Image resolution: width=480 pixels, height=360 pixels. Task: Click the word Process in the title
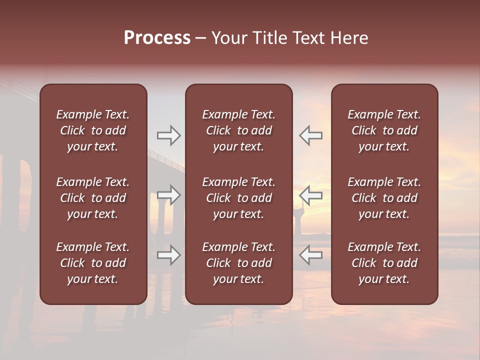[x=157, y=38]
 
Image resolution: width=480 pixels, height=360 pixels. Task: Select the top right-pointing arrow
[x=168, y=135]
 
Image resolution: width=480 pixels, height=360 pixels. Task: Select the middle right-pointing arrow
[x=168, y=195]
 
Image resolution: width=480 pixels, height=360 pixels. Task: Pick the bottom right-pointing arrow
[x=168, y=255]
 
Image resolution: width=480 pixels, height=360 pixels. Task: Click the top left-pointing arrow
[x=310, y=135]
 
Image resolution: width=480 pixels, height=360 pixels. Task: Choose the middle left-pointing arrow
[x=310, y=195]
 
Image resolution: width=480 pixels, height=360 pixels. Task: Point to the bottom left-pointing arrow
[x=310, y=255]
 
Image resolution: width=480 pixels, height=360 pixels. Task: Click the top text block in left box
[x=93, y=130]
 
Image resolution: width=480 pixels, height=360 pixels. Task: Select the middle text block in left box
[x=93, y=198]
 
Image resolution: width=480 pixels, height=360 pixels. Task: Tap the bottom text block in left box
[x=93, y=263]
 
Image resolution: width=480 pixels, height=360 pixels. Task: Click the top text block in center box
[x=238, y=130]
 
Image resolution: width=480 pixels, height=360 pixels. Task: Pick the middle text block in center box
[x=238, y=198]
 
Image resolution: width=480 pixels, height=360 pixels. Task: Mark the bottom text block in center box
[x=238, y=263]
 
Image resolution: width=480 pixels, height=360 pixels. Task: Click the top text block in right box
[x=384, y=130]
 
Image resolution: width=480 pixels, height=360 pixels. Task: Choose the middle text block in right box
[x=384, y=198]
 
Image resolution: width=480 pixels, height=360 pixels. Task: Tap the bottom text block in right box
[x=384, y=263]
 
